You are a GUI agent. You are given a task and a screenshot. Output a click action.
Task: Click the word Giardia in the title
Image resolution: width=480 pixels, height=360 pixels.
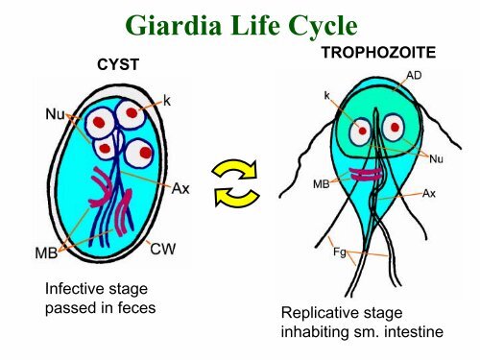[x=174, y=25]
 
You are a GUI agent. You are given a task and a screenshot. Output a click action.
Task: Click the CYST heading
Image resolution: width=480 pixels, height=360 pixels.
[x=118, y=65]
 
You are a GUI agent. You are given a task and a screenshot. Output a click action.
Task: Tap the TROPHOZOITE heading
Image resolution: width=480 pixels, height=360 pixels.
[x=378, y=53]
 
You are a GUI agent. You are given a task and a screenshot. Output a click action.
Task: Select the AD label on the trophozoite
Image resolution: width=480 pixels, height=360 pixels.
[x=414, y=76]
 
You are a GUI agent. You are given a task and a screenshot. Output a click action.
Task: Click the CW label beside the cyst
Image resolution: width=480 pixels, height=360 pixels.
[x=163, y=250]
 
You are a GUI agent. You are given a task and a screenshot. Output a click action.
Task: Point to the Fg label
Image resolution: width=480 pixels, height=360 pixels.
[x=340, y=252]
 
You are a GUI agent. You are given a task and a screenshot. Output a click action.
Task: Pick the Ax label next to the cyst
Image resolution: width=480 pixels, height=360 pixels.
[x=180, y=188]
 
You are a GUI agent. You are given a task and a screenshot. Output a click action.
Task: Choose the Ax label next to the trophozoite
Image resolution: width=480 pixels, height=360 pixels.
[x=429, y=194]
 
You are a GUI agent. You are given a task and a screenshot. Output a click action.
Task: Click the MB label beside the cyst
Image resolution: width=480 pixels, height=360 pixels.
[x=46, y=253]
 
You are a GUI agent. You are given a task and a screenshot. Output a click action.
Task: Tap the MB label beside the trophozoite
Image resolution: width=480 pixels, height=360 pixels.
[x=321, y=184]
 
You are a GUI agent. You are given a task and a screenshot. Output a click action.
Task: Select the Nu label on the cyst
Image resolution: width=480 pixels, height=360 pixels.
[x=55, y=114]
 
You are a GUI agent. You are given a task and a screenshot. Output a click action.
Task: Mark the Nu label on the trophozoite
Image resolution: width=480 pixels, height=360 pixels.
[x=436, y=158]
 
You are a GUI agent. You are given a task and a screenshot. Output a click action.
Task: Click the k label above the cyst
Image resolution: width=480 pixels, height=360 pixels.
[x=167, y=101]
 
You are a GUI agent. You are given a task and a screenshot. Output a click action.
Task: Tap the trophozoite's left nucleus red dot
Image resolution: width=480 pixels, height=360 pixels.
[x=362, y=131]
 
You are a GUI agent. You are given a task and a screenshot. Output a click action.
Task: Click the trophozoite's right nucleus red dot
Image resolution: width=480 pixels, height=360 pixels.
[x=395, y=128]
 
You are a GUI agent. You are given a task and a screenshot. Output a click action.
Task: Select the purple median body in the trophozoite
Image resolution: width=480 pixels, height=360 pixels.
[x=366, y=175]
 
